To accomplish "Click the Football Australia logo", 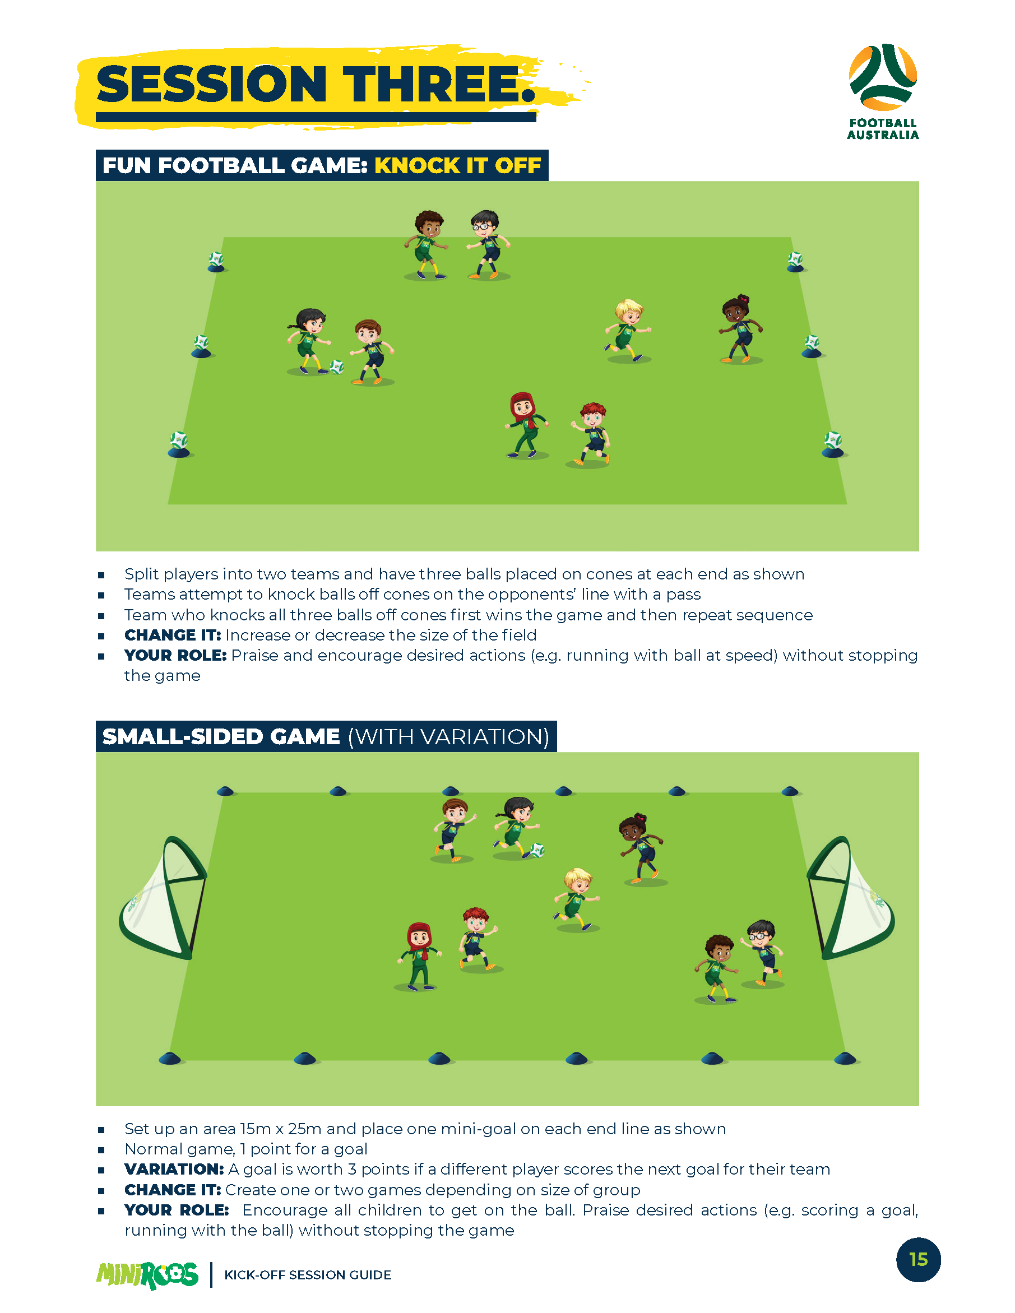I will click(883, 90).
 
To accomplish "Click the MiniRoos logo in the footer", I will click(147, 1274).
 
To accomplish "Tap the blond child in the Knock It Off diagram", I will click(628, 331).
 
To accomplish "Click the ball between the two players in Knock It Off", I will click(337, 366).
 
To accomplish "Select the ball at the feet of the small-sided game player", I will click(537, 850).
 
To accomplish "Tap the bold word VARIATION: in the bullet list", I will click(174, 1170).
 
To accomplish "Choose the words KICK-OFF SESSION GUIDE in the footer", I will click(307, 1274).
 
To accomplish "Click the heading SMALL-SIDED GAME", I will click(221, 736).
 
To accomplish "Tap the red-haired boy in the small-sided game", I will click(477, 938).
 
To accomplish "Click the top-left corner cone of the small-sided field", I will click(225, 791).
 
